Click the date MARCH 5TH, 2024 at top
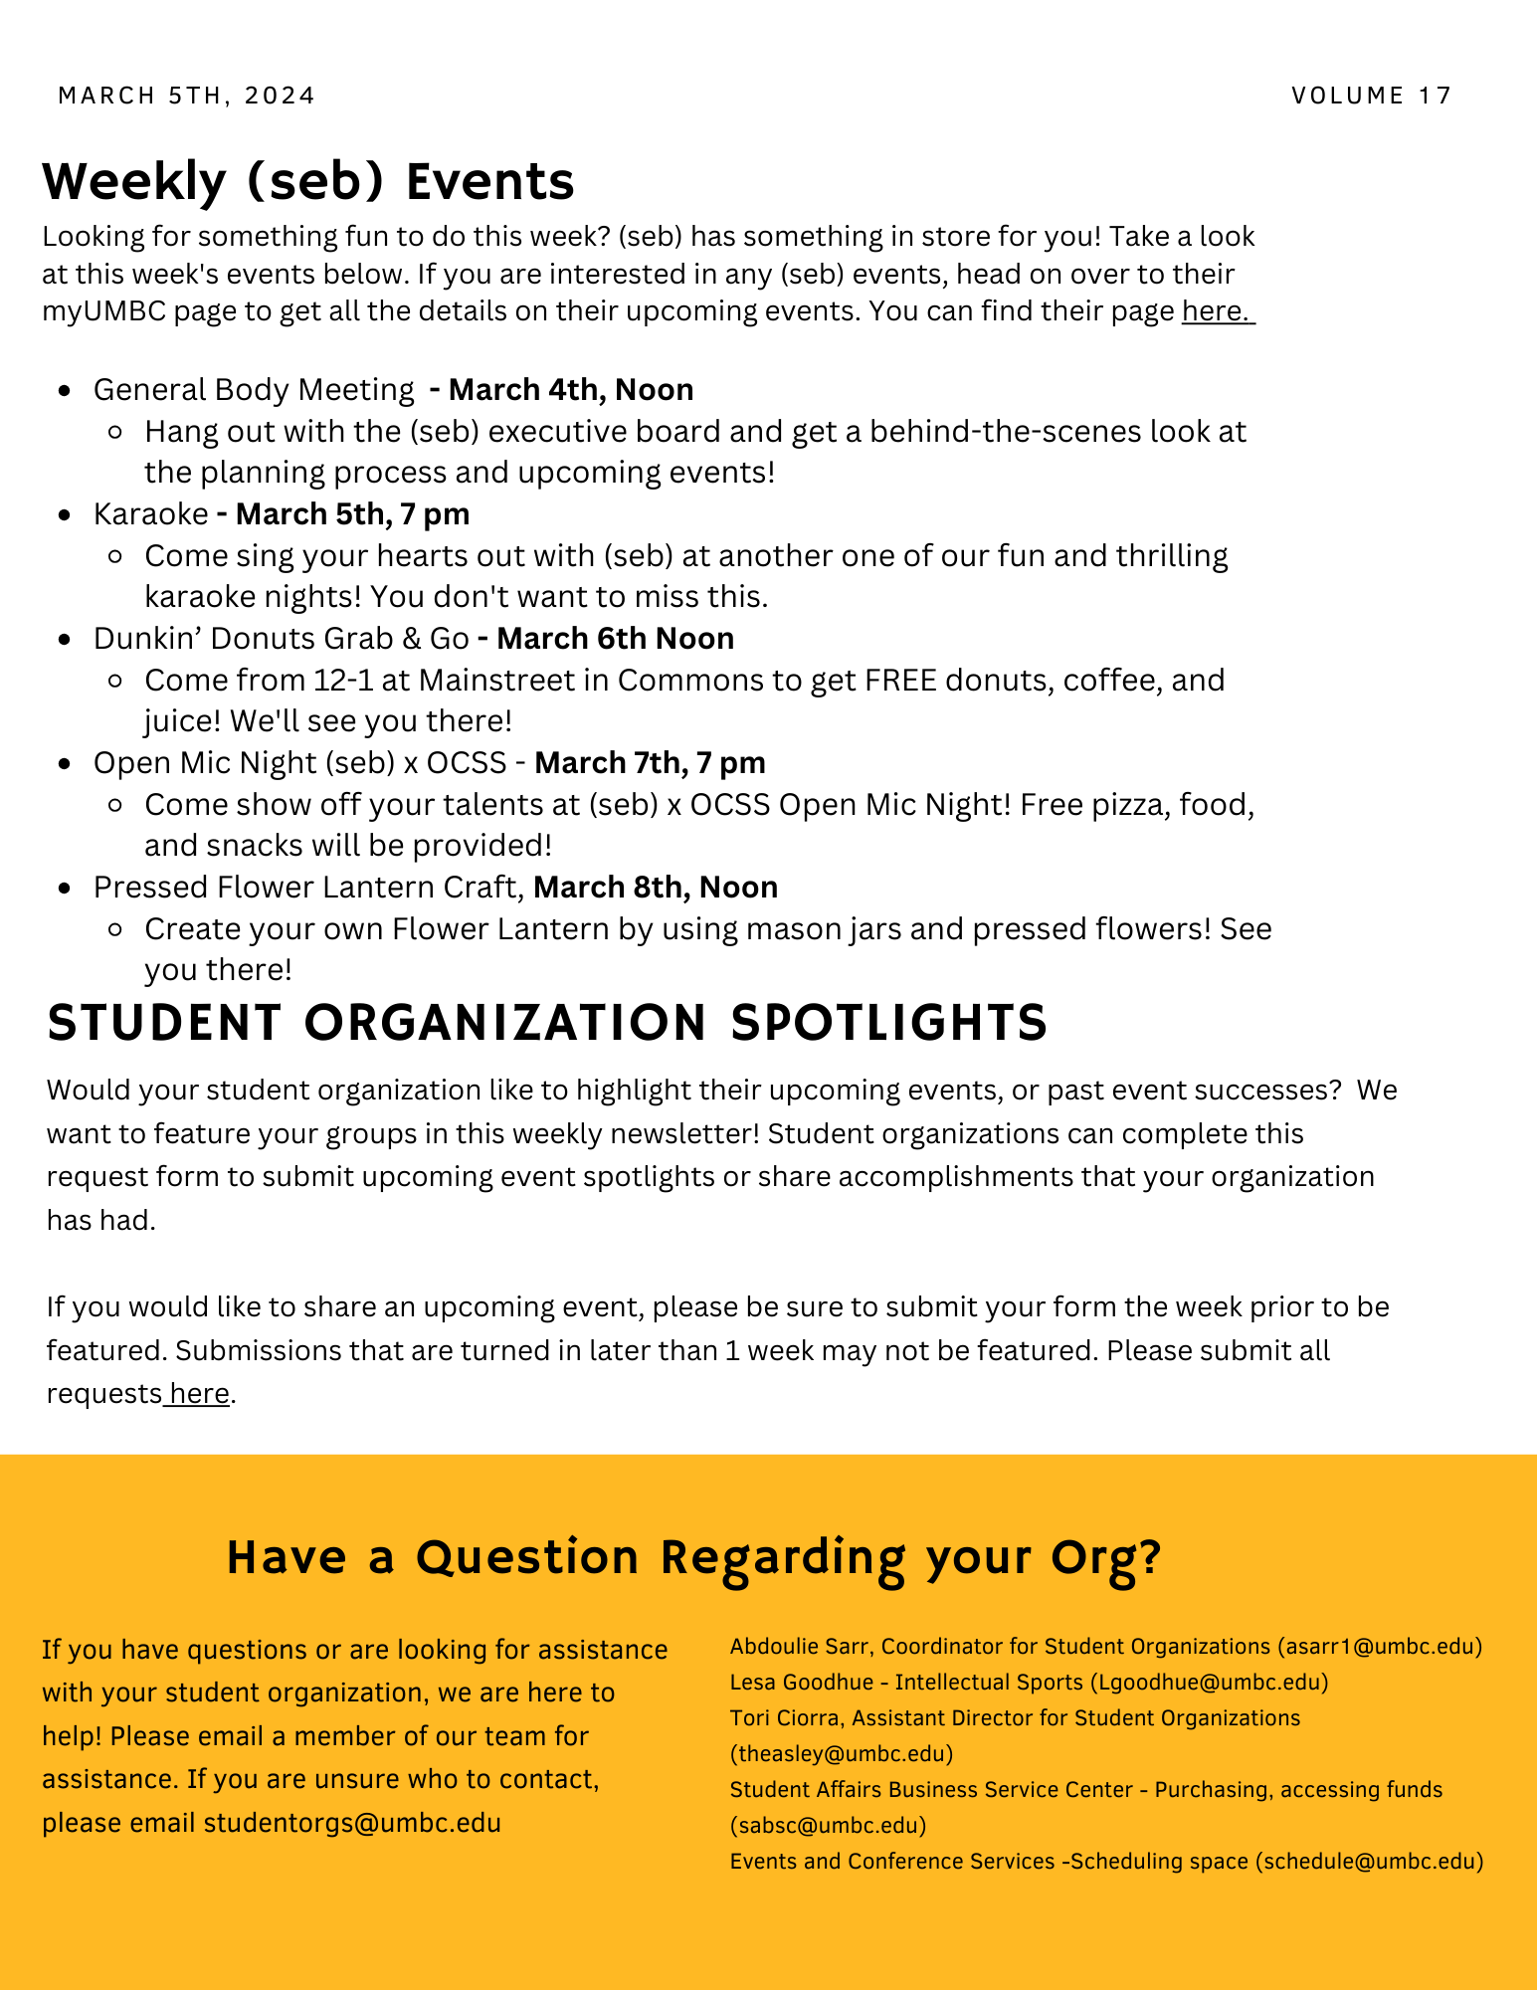click(x=187, y=96)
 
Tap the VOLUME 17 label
click(x=1372, y=96)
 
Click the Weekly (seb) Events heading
click(x=308, y=181)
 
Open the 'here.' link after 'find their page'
click(x=1216, y=311)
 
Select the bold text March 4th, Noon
click(x=571, y=389)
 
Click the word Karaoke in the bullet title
click(x=150, y=513)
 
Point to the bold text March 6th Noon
click(x=615, y=638)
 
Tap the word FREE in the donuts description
click(x=900, y=680)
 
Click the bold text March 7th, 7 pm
click(x=650, y=762)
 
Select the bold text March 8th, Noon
click(x=656, y=887)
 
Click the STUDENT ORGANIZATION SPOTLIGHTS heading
click(x=547, y=1023)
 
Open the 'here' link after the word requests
click(x=199, y=1393)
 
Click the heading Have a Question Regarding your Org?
click(x=693, y=1557)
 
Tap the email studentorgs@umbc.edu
click(x=352, y=1823)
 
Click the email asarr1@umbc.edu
click(x=1379, y=1647)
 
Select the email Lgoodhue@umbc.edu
click(x=1209, y=1683)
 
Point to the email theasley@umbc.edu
click(x=842, y=1753)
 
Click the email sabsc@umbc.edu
click(x=828, y=1825)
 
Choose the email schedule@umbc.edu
click(x=1369, y=1861)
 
